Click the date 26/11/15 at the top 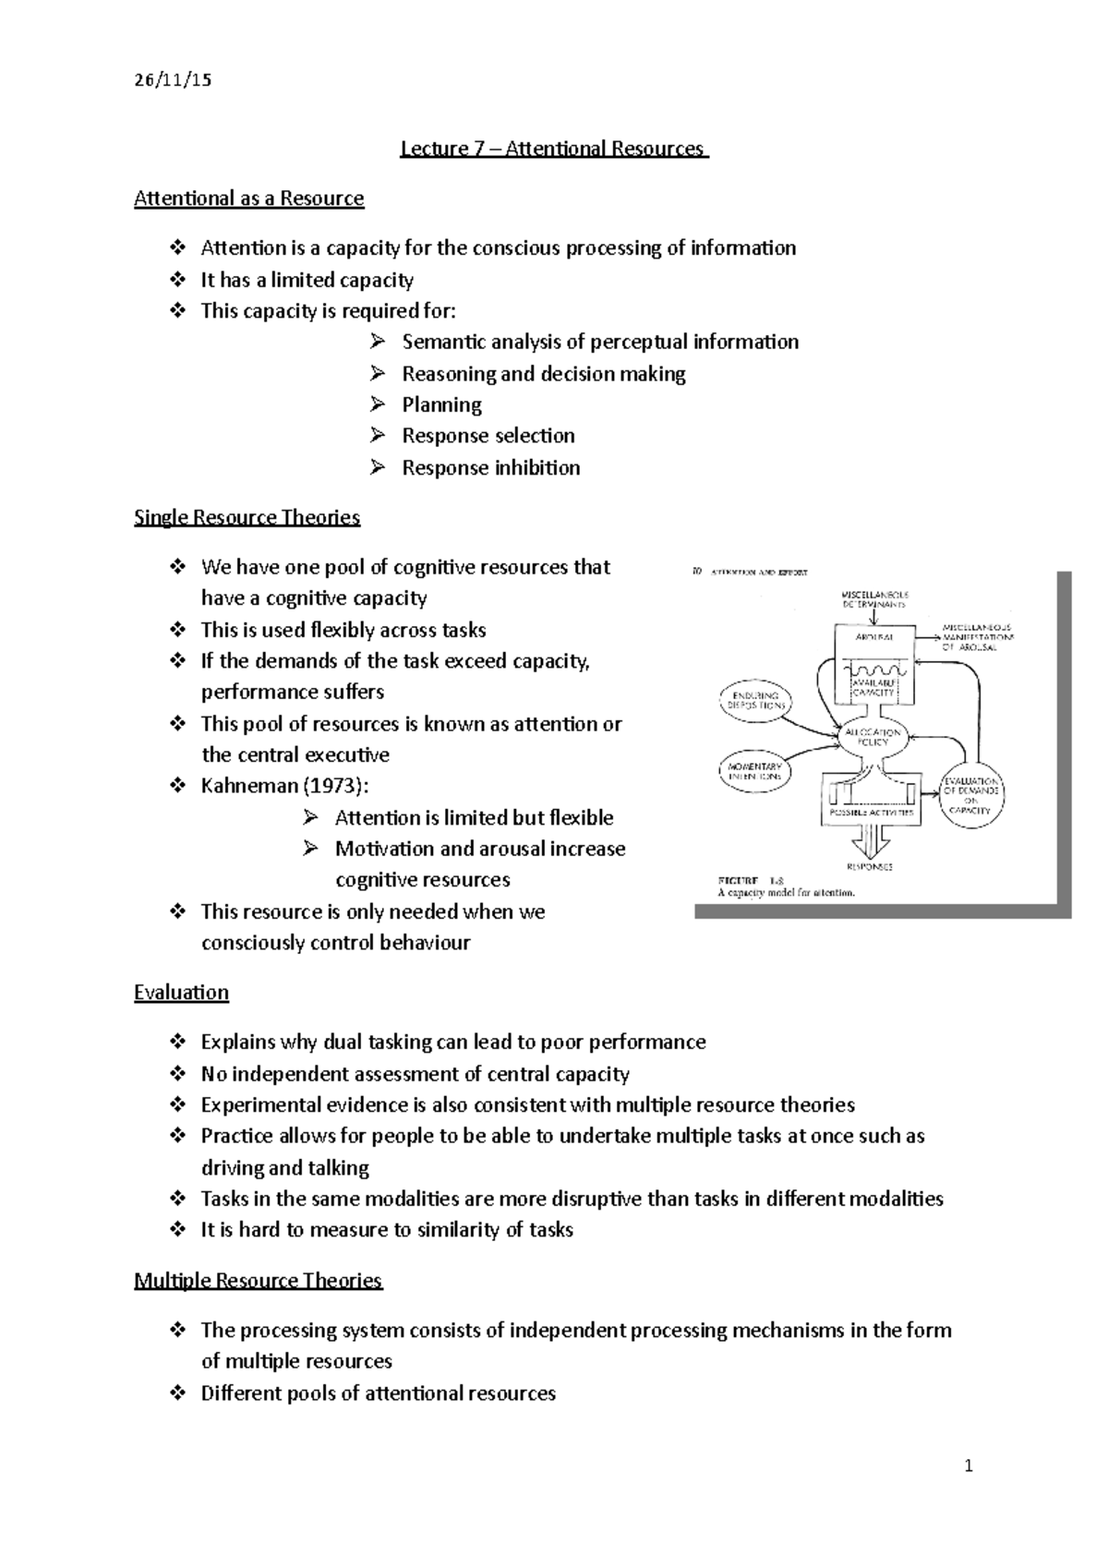point(173,79)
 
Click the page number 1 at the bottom point(968,1465)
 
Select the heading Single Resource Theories point(247,517)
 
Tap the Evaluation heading point(181,993)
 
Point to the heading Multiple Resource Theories point(258,1281)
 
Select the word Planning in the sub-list point(441,404)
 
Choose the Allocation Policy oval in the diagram point(873,736)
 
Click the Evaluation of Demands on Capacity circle point(971,795)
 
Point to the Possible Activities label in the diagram point(872,813)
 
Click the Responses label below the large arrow point(870,867)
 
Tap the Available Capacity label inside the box point(873,685)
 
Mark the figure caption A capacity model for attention point(786,893)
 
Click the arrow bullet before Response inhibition point(377,467)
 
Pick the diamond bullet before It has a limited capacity point(177,280)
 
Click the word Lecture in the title point(435,149)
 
